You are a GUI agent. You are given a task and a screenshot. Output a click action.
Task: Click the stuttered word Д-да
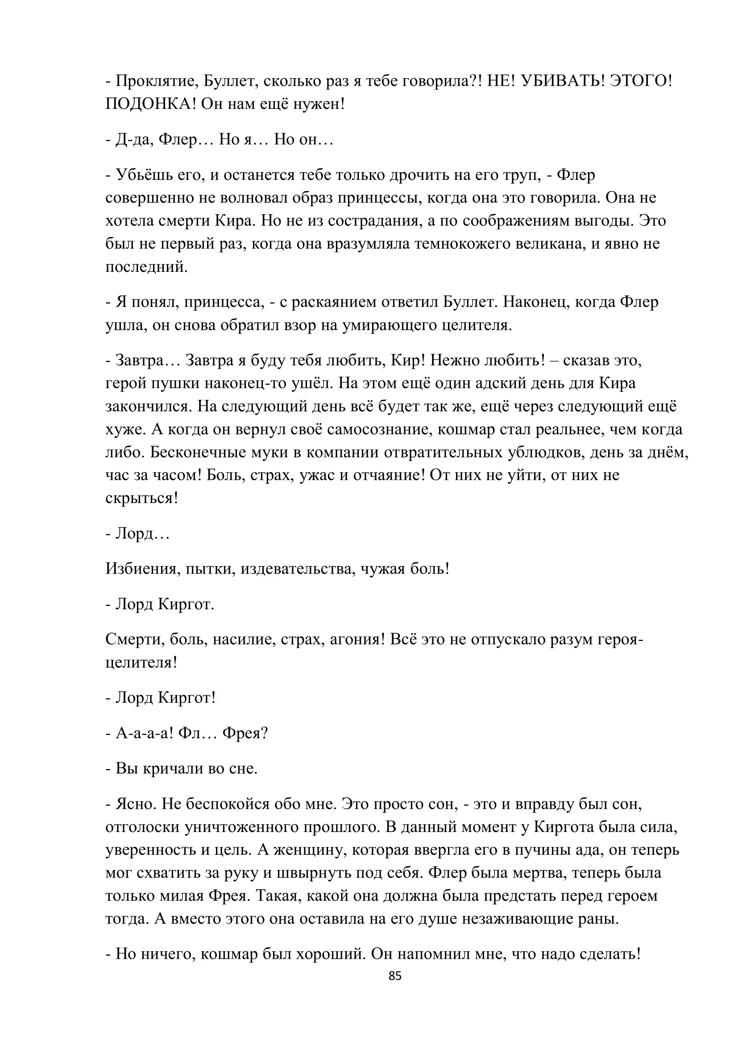coord(131,140)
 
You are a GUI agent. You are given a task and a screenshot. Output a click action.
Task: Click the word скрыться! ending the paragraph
coord(141,499)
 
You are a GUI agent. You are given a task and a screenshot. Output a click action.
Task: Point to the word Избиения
coord(141,569)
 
